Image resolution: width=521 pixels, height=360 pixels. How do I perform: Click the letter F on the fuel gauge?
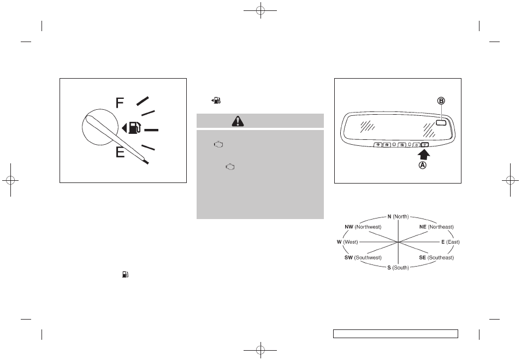tap(120, 103)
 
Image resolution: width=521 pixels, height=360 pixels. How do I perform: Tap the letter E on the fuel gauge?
tap(120, 152)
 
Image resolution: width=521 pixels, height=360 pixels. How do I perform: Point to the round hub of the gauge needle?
tap(100, 127)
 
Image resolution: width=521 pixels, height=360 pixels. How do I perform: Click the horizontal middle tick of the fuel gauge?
tap(151, 130)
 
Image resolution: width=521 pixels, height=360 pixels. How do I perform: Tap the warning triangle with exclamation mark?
tap(238, 121)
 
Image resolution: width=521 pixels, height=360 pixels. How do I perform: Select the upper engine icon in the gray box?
tap(218, 144)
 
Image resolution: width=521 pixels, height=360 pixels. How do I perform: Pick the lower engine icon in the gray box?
tap(230, 167)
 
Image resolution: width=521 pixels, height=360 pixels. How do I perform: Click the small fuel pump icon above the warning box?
tap(216, 101)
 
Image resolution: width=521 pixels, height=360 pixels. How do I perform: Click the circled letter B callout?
tap(441, 101)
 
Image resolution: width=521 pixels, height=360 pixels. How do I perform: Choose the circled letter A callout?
tap(422, 165)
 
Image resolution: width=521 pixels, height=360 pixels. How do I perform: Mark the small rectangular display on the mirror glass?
tap(441, 123)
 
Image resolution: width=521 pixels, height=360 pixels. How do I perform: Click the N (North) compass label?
tap(398, 217)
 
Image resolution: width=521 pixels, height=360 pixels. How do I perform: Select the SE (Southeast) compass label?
tap(436, 258)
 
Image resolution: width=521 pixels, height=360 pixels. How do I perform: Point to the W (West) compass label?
tap(347, 242)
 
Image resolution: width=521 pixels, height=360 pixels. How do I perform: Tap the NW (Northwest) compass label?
tap(363, 227)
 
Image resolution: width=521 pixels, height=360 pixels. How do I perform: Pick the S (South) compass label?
tap(398, 268)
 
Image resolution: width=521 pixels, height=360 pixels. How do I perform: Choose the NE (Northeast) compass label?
tap(436, 227)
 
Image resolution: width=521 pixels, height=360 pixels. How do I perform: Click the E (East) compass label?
tap(451, 242)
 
